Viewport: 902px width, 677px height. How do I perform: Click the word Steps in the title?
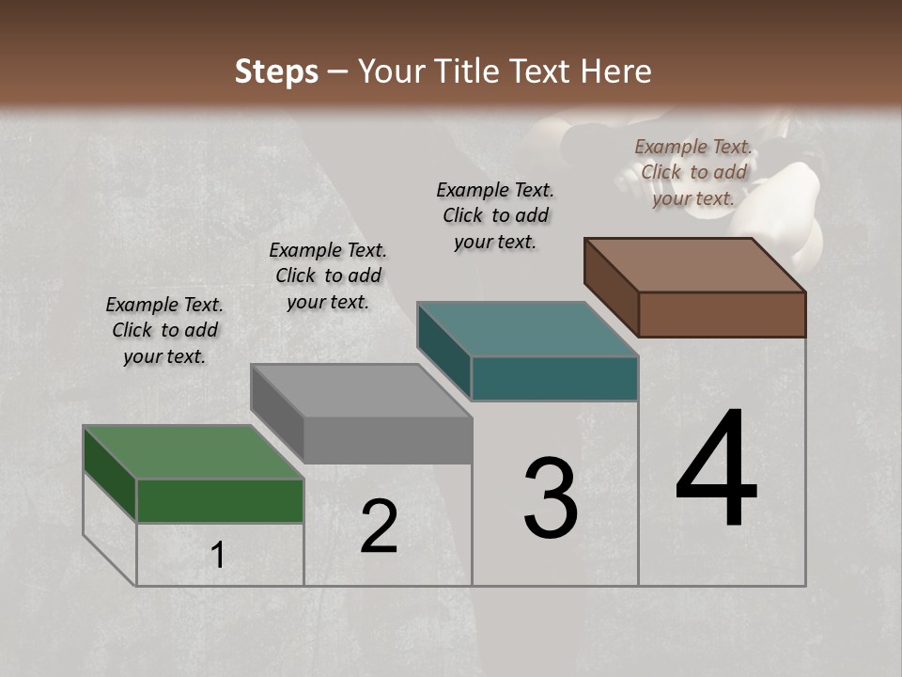276,71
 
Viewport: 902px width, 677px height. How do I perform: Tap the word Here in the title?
616,71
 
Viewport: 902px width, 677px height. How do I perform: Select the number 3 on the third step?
550,498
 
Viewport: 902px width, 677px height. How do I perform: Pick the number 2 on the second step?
379,527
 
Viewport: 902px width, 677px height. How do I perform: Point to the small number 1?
218,556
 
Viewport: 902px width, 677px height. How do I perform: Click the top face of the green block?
193,452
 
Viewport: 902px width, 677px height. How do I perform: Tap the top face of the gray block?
361,390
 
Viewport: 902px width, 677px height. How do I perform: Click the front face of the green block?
220,500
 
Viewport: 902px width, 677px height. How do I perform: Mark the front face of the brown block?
722,314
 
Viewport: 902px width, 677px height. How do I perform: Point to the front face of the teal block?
554,379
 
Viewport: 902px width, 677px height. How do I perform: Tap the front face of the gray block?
387,440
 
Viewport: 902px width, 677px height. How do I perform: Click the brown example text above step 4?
693,172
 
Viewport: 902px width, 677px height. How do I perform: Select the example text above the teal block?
495,215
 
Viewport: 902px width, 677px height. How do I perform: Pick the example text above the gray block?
328,276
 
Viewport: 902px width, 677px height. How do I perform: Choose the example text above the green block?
164,330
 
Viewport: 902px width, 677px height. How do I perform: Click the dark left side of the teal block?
443,350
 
